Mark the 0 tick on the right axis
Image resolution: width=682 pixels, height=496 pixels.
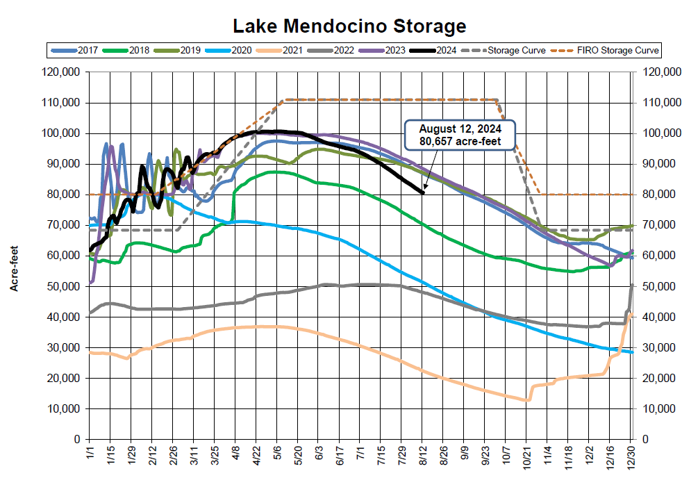[647, 440]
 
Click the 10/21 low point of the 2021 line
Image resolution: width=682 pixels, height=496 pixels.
[527, 400]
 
